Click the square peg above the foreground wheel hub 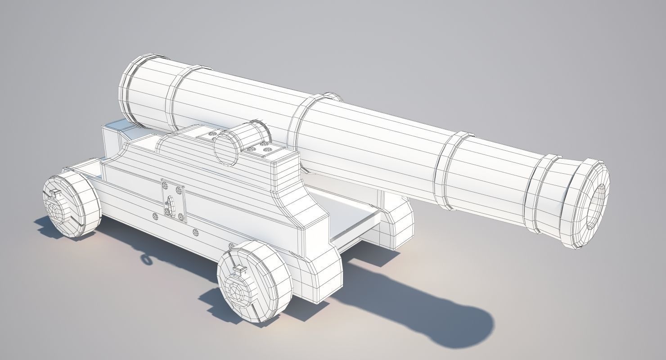point(238,270)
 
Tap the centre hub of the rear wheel point(55,211)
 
